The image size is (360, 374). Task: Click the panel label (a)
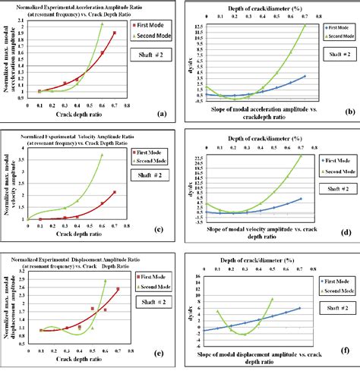click(x=160, y=113)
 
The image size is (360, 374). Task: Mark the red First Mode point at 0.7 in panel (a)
click(x=115, y=33)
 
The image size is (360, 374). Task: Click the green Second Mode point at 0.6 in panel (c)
click(x=102, y=155)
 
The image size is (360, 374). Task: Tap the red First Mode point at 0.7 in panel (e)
click(x=117, y=290)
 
